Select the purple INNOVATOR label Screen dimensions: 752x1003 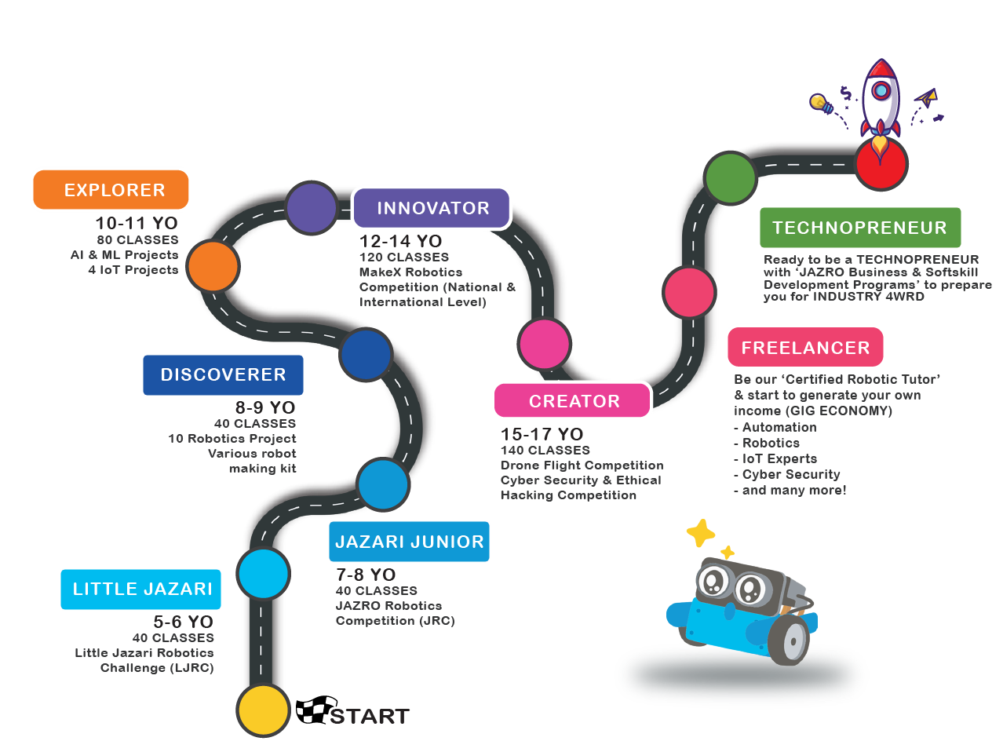click(x=432, y=208)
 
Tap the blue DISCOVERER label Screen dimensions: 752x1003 click(x=223, y=375)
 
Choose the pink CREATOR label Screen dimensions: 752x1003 click(x=573, y=401)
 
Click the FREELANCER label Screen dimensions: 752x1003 click(x=805, y=348)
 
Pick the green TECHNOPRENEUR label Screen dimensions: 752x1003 click(x=859, y=228)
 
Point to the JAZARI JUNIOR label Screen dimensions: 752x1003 click(x=409, y=542)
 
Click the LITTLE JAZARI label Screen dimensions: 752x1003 click(x=142, y=589)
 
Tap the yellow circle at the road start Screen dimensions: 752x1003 click(x=263, y=710)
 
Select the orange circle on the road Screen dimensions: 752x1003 click(x=213, y=267)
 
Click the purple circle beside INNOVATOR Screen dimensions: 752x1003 click(x=312, y=208)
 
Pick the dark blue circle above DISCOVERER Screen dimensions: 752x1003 click(x=366, y=354)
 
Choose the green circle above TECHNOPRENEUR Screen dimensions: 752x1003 click(x=730, y=178)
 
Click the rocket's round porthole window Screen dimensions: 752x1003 click(x=881, y=91)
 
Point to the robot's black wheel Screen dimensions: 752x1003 click(x=790, y=639)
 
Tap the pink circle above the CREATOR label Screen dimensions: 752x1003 click(x=545, y=344)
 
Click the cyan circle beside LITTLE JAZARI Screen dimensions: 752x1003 click(x=264, y=574)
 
